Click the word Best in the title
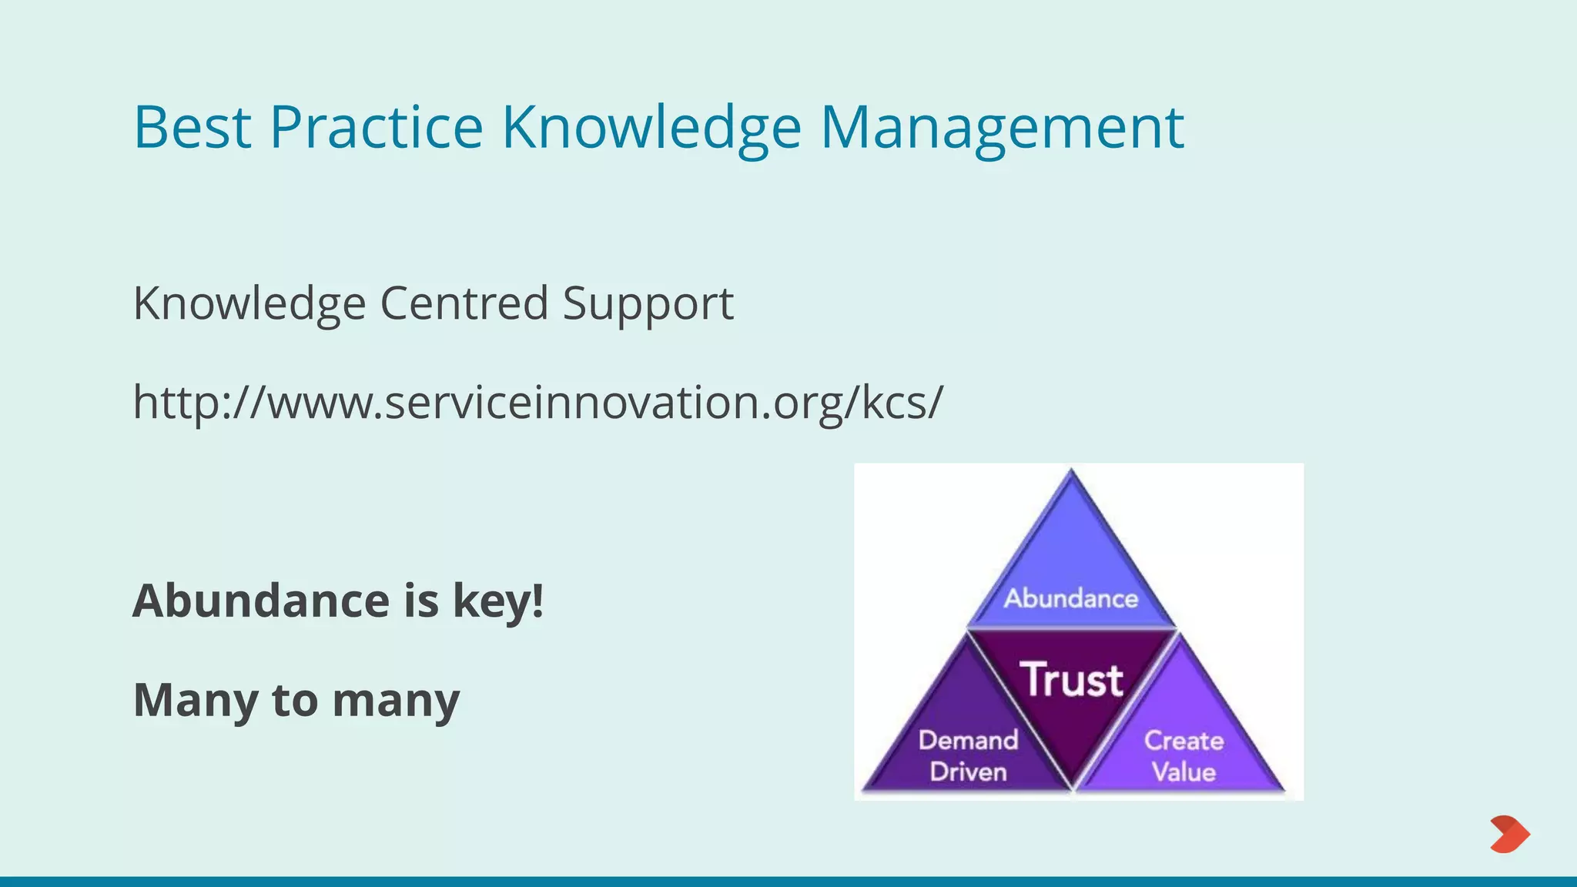pos(192,127)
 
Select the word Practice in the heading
pos(376,127)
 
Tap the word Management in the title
pos(1002,127)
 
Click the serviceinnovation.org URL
pos(537,402)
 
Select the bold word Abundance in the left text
pos(261,601)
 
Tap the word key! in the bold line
pos(498,601)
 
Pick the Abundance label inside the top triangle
pos(1070,598)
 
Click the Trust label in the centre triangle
pos(1071,680)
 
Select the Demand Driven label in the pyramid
pos(968,755)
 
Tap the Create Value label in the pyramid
pos(1184,755)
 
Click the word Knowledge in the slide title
pos(651,127)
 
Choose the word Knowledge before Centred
pos(249,303)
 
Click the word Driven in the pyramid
pos(968,772)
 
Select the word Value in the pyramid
pos(1184,772)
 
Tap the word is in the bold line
pos(421,601)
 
